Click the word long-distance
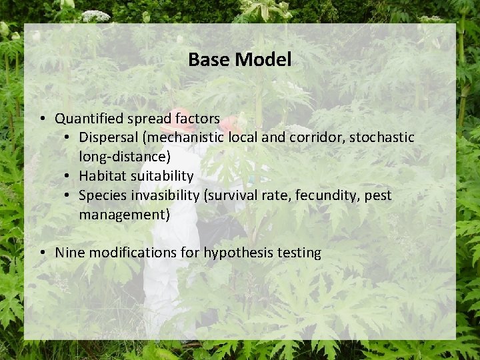(x=122, y=157)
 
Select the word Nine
(x=69, y=253)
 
